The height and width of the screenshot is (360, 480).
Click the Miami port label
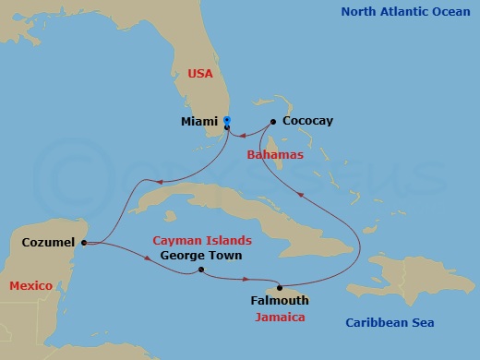click(200, 121)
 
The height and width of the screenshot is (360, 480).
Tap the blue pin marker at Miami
click(227, 121)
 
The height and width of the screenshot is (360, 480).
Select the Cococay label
click(308, 121)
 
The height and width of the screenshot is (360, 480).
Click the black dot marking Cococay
click(272, 121)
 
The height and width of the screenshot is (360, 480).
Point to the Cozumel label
click(48, 243)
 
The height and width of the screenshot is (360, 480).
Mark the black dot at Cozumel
click(84, 243)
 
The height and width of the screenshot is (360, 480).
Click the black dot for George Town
click(201, 270)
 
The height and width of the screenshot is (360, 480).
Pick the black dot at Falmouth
click(279, 287)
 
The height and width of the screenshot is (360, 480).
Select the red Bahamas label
click(275, 155)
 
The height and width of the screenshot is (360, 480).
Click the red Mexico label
click(30, 286)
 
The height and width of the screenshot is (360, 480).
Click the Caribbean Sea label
click(390, 322)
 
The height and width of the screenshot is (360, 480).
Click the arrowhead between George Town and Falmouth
click(245, 278)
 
